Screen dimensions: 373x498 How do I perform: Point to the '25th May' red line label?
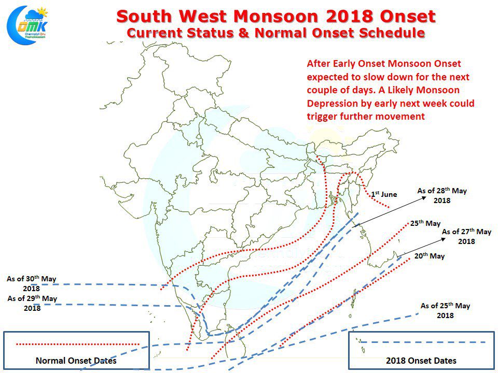coord(425,223)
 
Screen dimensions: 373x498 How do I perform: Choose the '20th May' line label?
coord(430,256)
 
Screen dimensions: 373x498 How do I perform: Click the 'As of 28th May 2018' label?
coord(442,195)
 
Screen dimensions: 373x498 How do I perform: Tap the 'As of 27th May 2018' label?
coord(466,236)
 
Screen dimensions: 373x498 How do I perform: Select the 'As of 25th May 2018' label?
coord(445,310)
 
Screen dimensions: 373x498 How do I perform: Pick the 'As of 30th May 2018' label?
coord(31,283)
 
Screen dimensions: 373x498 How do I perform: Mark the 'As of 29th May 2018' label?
coord(32,303)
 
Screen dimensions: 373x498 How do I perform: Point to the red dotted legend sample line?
coord(78,343)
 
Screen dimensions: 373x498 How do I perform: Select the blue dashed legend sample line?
coord(423,342)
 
